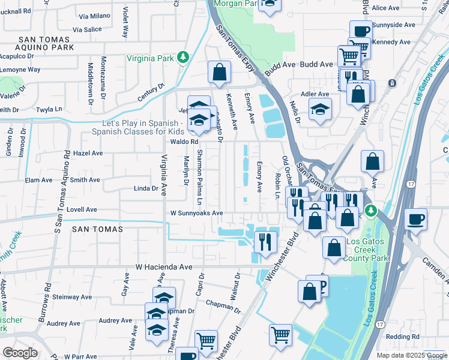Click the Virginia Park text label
click(149, 58)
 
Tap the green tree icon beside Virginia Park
click(182, 58)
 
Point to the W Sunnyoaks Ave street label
click(196, 213)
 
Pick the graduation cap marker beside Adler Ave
click(320, 110)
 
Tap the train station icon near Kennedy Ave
click(393, 83)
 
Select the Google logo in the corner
click(20, 352)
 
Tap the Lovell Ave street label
click(82, 210)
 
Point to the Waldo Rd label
click(184, 142)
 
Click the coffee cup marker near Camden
click(415, 219)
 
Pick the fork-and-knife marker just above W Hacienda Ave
click(265, 241)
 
